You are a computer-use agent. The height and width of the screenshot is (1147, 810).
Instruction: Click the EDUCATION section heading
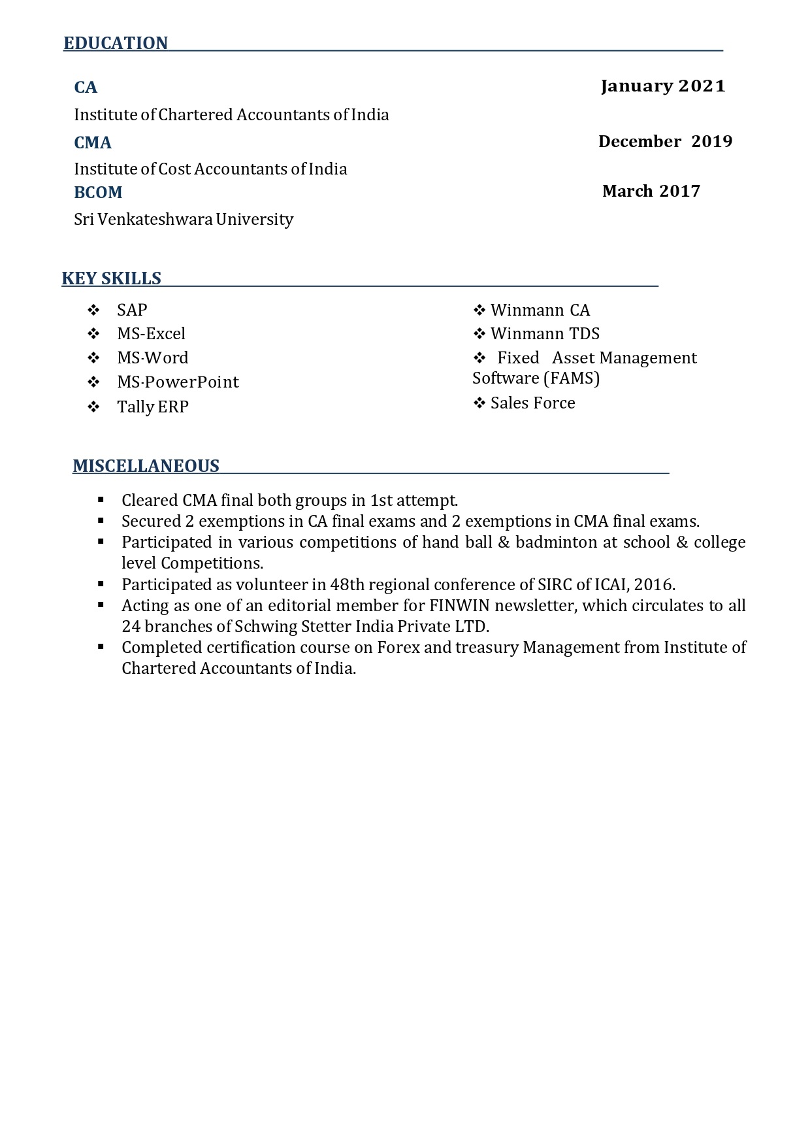coord(116,43)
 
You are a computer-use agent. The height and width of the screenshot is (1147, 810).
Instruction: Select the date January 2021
coord(662,86)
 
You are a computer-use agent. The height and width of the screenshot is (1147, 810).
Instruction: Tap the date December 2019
coord(665,141)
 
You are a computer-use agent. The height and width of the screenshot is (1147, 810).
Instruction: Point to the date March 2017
coord(651,191)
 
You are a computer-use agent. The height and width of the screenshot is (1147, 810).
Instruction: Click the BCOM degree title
coord(98,192)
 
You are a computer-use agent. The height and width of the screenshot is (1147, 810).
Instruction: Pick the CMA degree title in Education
coord(93,142)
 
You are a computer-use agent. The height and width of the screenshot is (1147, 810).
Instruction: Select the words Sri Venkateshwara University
coord(184,219)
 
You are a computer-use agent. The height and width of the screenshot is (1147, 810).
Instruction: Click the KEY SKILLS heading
coord(112,278)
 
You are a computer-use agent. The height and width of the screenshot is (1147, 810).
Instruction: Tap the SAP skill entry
coord(132,310)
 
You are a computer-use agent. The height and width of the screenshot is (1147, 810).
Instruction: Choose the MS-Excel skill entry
coord(151,334)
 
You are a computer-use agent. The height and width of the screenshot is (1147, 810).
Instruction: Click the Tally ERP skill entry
coord(153,407)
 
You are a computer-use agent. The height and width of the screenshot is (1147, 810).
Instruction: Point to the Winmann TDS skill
coord(545,334)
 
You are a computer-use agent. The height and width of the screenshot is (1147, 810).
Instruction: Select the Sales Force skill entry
coord(532,403)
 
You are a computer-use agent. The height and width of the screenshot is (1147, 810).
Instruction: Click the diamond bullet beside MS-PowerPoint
coord(93,382)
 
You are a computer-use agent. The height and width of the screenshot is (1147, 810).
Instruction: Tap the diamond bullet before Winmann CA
coord(479,310)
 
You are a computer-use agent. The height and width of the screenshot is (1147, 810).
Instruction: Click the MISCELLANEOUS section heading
coord(146,466)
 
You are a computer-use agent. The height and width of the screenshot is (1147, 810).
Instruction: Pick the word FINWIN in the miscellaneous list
coord(459,606)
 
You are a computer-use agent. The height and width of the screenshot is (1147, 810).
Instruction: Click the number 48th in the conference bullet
coord(347,585)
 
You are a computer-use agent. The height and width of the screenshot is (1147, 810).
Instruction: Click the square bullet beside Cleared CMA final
coord(101,500)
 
